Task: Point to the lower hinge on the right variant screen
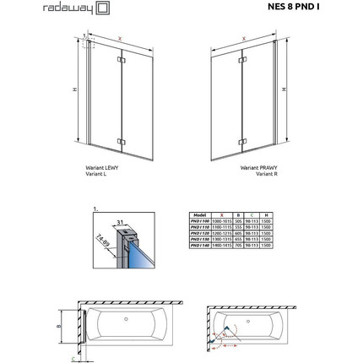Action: (242, 142)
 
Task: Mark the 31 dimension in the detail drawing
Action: (122, 221)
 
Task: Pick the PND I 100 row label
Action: (199, 222)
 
